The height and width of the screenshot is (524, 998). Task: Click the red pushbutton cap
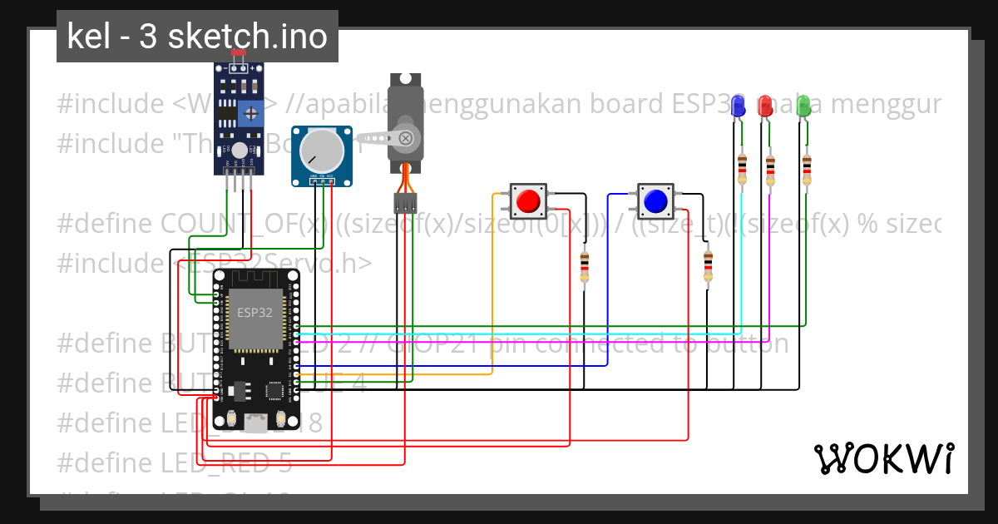(x=527, y=201)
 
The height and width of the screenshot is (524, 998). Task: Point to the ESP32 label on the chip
(x=254, y=314)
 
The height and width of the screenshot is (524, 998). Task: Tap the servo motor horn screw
(x=405, y=138)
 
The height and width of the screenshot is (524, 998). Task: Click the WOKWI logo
(x=883, y=458)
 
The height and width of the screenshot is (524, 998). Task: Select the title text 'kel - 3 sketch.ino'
(x=197, y=37)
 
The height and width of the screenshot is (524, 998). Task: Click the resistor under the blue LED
(x=742, y=169)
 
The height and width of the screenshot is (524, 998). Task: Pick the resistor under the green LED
(x=807, y=169)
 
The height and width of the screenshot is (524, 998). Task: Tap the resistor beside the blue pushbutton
(x=708, y=266)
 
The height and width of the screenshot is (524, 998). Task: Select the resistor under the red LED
(x=770, y=170)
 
